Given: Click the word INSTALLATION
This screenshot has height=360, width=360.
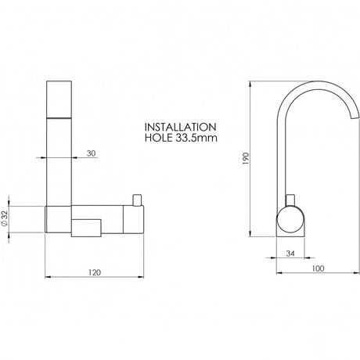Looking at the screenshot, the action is pyautogui.click(x=180, y=127).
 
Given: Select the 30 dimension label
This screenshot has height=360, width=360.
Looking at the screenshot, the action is pyautogui.click(x=91, y=153).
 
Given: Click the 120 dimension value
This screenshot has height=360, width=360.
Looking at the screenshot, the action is pyautogui.click(x=95, y=272).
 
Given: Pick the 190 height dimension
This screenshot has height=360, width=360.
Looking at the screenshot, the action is pyautogui.click(x=246, y=159).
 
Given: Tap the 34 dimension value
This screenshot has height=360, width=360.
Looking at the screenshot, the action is pyautogui.click(x=290, y=254).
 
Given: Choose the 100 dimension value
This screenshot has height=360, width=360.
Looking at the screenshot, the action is pyautogui.click(x=318, y=268).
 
